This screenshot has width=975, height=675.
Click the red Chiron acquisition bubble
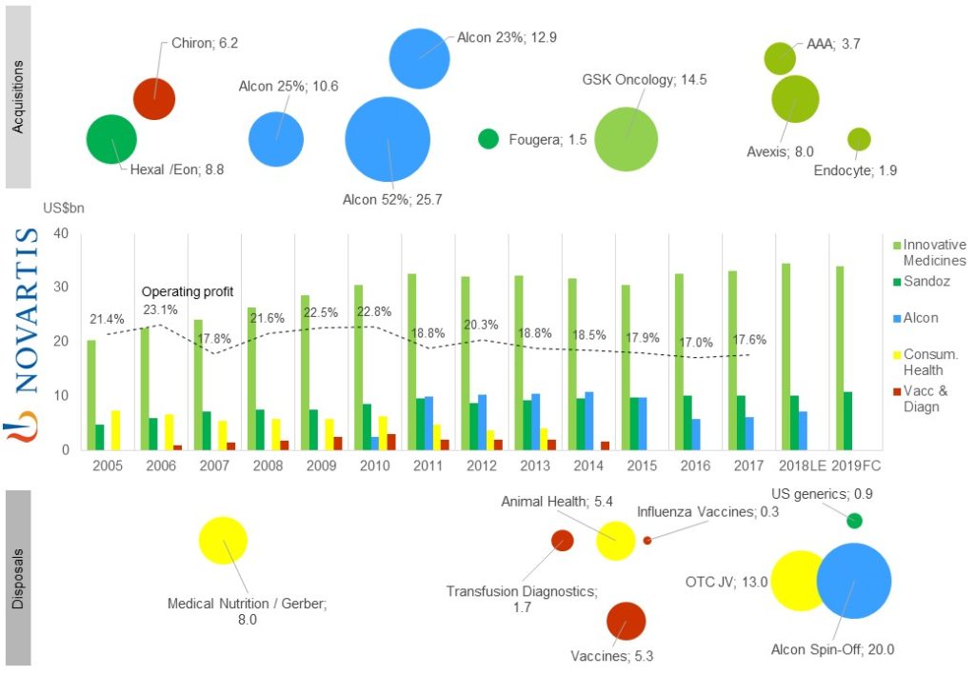point(153,98)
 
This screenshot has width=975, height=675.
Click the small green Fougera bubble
point(488,139)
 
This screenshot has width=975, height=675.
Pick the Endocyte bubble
point(859,139)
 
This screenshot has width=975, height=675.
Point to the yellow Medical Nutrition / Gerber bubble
point(223,541)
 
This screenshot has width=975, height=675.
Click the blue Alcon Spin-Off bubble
point(853,581)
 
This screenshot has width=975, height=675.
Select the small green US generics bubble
point(854,520)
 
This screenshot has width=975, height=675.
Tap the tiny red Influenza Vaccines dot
point(647,540)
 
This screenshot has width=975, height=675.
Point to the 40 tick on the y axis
point(62,234)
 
